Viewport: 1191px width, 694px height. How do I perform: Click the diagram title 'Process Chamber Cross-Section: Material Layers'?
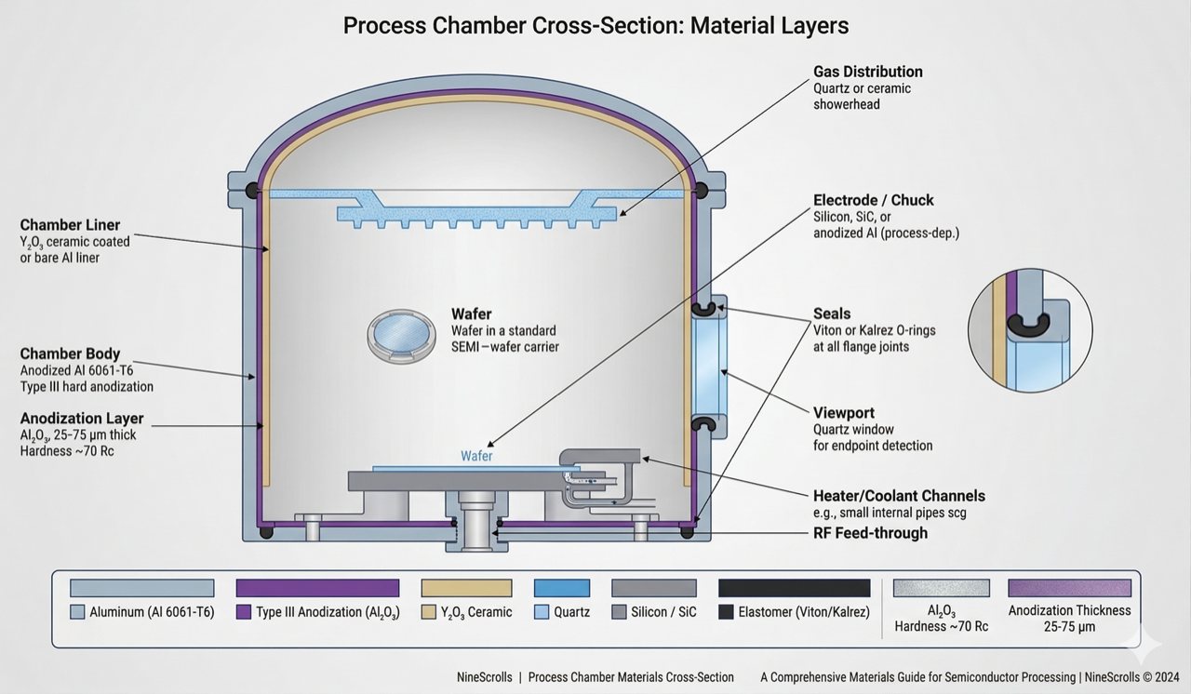[x=595, y=25]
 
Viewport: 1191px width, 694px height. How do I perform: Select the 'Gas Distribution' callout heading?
[x=867, y=72]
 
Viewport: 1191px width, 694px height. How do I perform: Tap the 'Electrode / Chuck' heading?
[x=873, y=200]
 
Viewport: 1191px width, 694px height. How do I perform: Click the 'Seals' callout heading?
[x=832, y=314]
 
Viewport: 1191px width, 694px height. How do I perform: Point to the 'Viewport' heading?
[x=844, y=413]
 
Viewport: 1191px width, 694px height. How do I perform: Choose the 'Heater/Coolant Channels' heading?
[x=899, y=496]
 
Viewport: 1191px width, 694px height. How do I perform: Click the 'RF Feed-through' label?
[x=870, y=533]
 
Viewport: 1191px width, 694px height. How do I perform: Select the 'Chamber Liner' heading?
[x=70, y=225]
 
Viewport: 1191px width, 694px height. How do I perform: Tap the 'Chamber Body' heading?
[x=70, y=354]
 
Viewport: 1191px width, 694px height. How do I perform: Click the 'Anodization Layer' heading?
[x=82, y=419]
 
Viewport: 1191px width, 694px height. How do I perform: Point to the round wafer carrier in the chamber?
[x=401, y=335]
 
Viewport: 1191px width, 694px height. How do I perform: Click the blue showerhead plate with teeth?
[x=476, y=213]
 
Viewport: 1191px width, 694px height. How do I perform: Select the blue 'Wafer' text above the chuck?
[x=476, y=457]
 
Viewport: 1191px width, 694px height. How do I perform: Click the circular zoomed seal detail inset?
[x=1030, y=330]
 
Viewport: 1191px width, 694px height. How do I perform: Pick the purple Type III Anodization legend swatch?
[x=317, y=588]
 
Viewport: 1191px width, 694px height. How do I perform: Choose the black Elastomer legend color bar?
[x=794, y=588]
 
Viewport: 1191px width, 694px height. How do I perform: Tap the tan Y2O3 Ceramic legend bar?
[x=466, y=588]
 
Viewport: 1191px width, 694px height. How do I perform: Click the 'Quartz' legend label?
[x=571, y=612]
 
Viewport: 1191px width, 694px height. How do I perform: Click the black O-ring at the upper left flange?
[x=252, y=191]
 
